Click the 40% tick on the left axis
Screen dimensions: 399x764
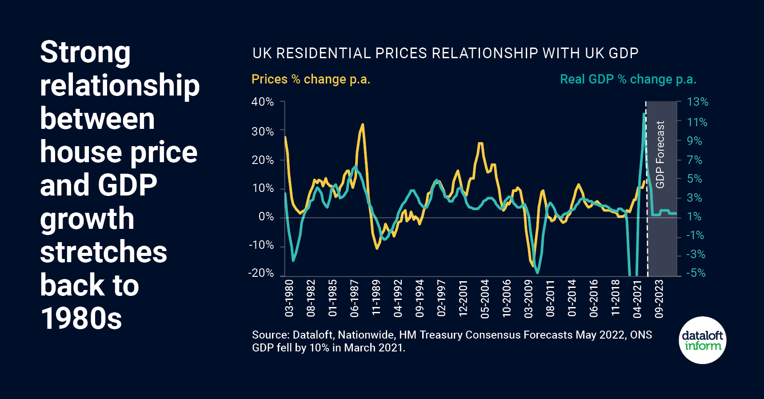tap(262, 102)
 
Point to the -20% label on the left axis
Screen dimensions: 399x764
tap(261, 273)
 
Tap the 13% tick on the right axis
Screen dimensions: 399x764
tap(697, 102)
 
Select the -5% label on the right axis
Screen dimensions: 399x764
tap(696, 273)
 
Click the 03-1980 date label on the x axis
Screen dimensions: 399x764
tap(289, 298)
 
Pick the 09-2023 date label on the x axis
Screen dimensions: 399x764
tap(659, 298)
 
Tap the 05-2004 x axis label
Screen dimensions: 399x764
tap(485, 298)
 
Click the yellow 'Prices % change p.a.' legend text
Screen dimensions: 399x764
tap(311, 79)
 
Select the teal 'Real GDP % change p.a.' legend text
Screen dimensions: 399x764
tap(628, 79)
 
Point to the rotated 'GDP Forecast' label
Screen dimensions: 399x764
tap(660, 154)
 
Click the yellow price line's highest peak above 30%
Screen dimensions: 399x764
tap(363, 124)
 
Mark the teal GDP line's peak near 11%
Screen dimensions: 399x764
tap(644, 114)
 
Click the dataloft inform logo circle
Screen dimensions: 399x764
tap(703, 340)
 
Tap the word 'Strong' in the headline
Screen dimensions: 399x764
tap(85, 52)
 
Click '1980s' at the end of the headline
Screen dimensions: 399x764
tap(81, 318)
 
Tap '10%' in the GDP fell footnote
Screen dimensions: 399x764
tap(319, 347)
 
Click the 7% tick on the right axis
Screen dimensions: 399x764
tap(695, 160)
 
